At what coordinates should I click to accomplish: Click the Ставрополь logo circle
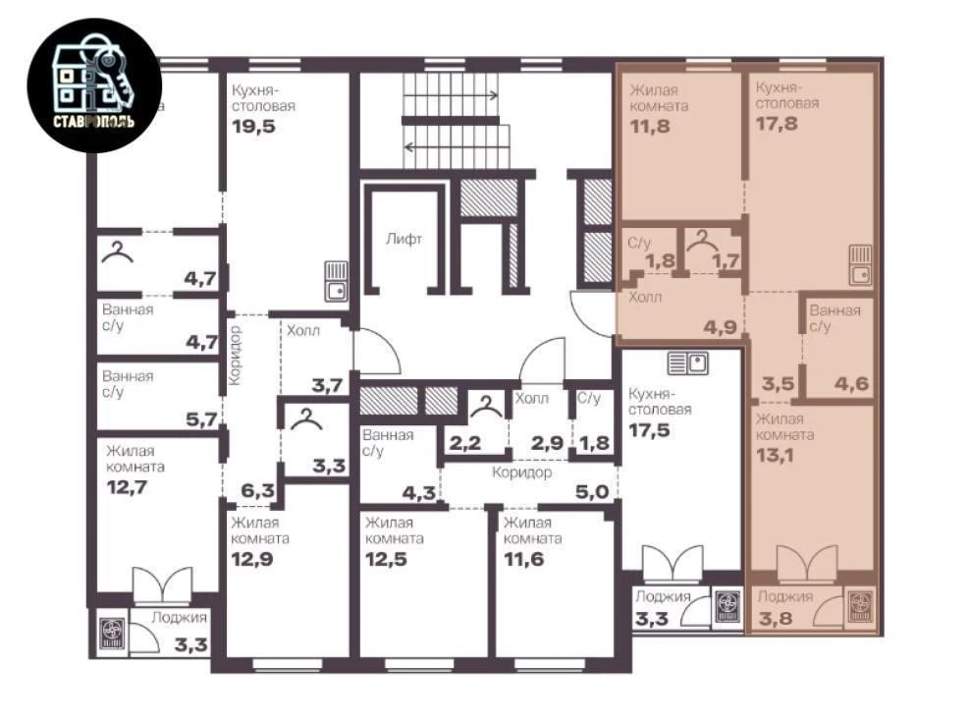[94, 85]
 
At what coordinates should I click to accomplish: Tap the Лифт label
[404, 239]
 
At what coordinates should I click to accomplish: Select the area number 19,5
[253, 127]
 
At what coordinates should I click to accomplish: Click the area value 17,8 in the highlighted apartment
[777, 124]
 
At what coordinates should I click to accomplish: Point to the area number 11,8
[650, 127]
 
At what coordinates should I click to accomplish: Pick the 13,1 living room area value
[775, 456]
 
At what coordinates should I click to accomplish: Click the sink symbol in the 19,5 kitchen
[336, 281]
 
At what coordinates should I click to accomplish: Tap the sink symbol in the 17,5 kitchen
[688, 363]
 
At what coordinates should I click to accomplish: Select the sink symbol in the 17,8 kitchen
[860, 265]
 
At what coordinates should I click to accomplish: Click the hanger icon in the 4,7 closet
[117, 252]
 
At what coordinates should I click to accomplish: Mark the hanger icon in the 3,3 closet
[306, 418]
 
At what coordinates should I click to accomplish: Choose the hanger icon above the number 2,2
[486, 407]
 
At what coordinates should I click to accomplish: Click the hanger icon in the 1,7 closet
[703, 240]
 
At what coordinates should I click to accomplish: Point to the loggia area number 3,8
[776, 618]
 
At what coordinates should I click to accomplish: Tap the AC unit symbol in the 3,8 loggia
[860, 606]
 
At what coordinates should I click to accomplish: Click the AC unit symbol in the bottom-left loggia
[112, 634]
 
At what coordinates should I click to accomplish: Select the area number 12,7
[127, 487]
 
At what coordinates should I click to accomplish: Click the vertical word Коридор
[235, 356]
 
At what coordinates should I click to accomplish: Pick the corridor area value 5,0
[592, 492]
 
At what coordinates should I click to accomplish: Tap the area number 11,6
[524, 560]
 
